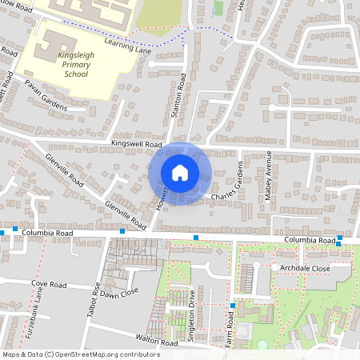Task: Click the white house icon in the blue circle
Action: (x=180, y=173)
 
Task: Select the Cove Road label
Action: (x=47, y=283)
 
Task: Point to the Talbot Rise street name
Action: (x=93, y=303)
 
